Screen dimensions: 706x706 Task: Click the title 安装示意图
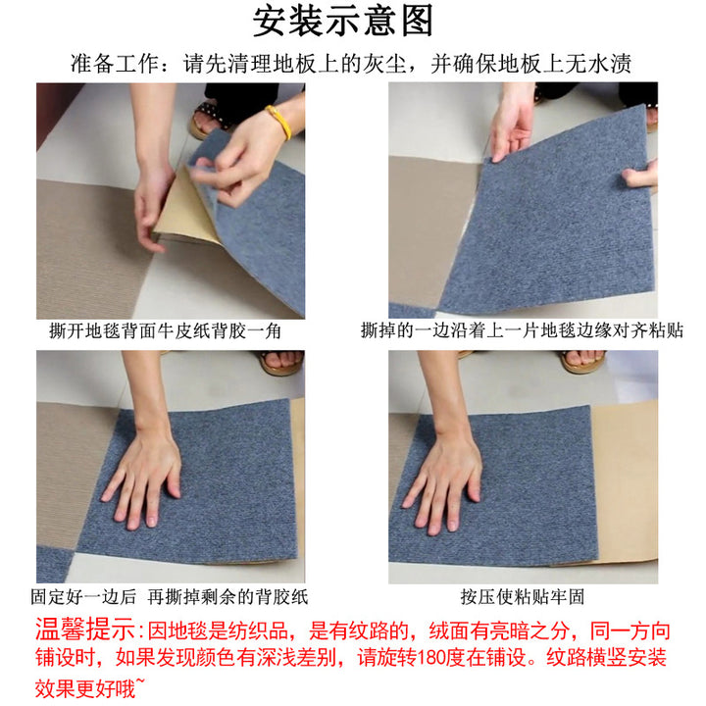(x=343, y=21)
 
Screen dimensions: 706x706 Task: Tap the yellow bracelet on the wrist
(x=278, y=121)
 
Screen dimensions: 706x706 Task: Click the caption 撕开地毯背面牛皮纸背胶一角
(x=166, y=331)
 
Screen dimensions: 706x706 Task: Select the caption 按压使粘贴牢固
(x=523, y=597)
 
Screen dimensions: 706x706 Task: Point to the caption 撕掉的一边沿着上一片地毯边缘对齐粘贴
(x=522, y=330)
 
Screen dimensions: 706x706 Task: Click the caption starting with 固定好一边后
(x=170, y=597)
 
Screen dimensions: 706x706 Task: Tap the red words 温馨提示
(x=84, y=630)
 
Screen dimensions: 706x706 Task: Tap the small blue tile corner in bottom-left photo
(x=53, y=564)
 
